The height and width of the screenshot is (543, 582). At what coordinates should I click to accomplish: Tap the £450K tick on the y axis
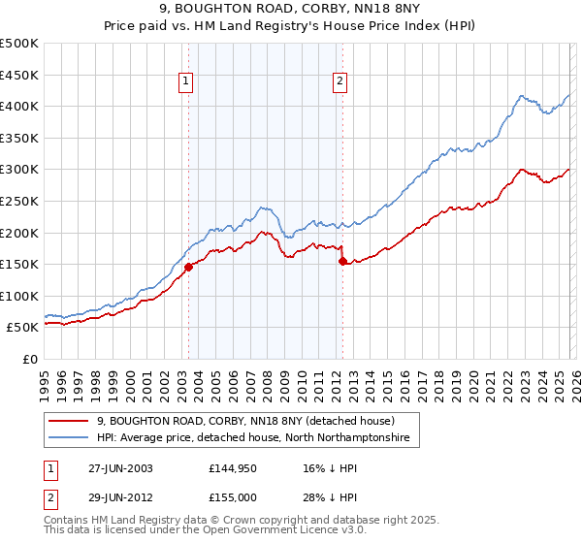[19, 75]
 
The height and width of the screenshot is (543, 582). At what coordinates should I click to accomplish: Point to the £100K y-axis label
[19, 296]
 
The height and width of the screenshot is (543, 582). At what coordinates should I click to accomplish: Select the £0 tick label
[29, 359]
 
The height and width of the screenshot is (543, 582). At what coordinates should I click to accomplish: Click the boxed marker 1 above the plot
[185, 82]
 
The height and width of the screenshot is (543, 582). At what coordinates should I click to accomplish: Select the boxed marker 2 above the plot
[340, 82]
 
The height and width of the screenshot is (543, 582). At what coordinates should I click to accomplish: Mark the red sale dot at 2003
[189, 268]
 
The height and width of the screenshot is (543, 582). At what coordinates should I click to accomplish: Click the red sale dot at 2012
[342, 261]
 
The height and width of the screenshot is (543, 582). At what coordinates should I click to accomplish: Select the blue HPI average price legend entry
[253, 438]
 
